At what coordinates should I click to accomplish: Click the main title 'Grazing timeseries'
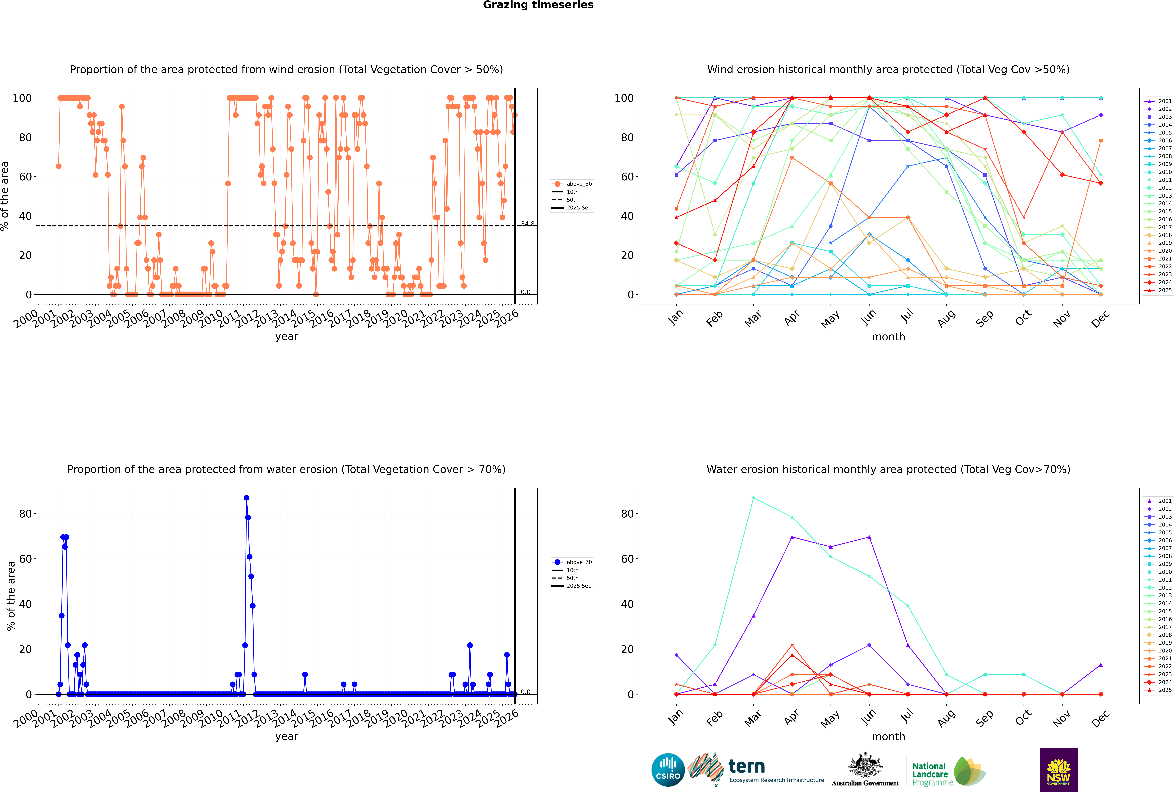click(x=538, y=5)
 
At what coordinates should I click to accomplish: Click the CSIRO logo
click(x=668, y=770)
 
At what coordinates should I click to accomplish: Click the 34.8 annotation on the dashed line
click(x=527, y=224)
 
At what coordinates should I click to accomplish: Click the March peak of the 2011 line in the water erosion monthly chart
click(x=754, y=498)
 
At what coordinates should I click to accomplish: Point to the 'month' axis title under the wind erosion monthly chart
click(x=888, y=337)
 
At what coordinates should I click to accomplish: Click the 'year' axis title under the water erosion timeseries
click(x=287, y=736)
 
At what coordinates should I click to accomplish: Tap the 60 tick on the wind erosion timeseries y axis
click(x=25, y=177)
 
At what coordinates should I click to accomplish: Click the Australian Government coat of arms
click(x=865, y=766)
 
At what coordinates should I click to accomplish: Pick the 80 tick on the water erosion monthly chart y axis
click(x=627, y=514)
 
